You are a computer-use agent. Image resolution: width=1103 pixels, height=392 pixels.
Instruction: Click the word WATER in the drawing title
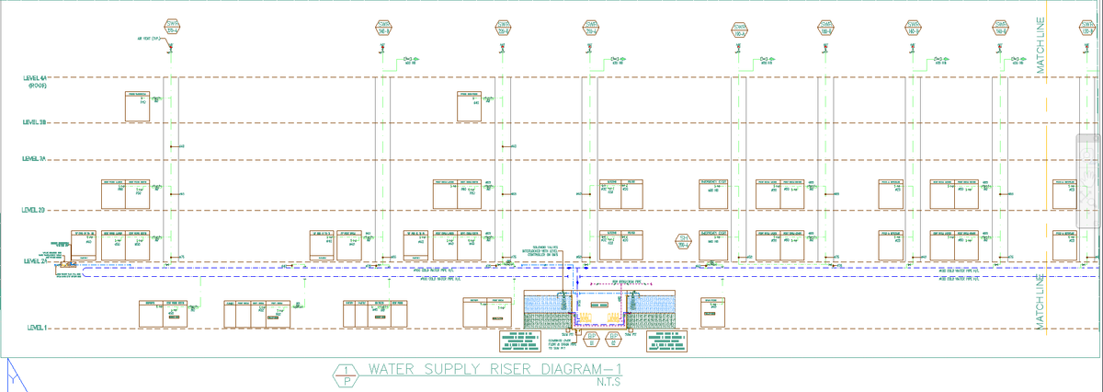[393, 371]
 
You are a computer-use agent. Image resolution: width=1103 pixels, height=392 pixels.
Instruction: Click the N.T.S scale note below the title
[608, 383]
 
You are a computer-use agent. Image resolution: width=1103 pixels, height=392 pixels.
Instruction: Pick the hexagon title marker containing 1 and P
[345, 375]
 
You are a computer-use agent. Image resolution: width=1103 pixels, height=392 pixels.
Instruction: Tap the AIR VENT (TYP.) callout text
[149, 40]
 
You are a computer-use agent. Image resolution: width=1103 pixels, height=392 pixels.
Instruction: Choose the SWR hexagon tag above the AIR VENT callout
[171, 27]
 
